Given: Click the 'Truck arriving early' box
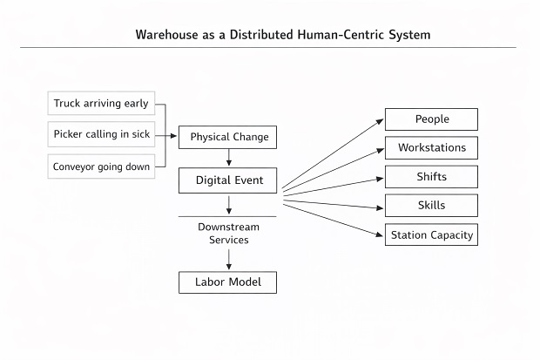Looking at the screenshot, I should pyautogui.click(x=101, y=104).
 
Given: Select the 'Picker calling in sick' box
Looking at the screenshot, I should pyautogui.click(x=101, y=135).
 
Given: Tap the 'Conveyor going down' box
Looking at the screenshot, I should pyautogui.click(x=101, y=166).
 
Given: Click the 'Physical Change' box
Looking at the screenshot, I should pyautogui.click(x=229, y=137).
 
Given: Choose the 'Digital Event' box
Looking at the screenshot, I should pyautogui.click(x=228, y=180).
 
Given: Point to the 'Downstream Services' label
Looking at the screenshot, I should pyautogui.click(x=228, y=233).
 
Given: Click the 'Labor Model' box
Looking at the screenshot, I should pyautogui.click(x=228, y=282).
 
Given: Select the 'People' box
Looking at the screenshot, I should pyautogui.click(x=431, y=119).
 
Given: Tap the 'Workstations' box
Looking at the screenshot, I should pyautogui.click(x=431, y=147).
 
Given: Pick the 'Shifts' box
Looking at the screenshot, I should pyautogui.click(x=431, y=176).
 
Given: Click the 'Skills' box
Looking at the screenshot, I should pyautogui.click(x=431, y=205).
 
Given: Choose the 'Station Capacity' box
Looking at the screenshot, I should pyautogui.click(x=431, y=234).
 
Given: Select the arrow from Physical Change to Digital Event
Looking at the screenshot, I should pyautogui.click(x=229, y=158).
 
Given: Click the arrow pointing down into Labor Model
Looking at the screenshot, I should pyautogui.click(x=229, y=261).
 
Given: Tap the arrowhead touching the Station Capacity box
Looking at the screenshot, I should pyautogui.click(x=381, y=234).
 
